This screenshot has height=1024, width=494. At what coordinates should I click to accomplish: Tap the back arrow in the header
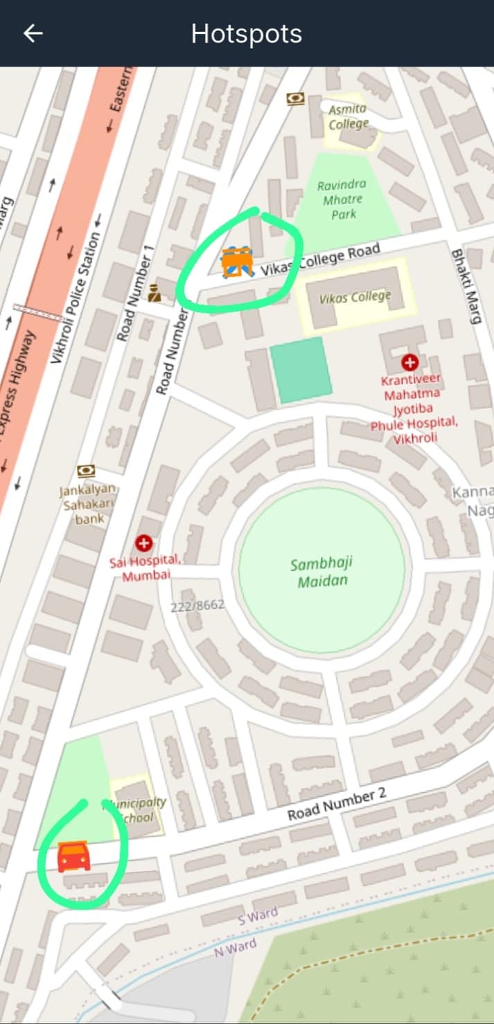coord(33,34)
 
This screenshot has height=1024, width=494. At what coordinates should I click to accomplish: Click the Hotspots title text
coord(247,34)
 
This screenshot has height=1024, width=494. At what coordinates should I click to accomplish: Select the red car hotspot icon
coord(73,856)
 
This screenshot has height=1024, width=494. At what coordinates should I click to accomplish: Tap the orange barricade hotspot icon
coord(237,262)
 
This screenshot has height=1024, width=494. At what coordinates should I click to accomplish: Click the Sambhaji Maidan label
coord(321,572)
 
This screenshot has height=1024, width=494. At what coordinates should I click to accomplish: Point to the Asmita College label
coord(349,118)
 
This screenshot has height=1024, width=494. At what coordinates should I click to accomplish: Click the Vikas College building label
coord(355,298)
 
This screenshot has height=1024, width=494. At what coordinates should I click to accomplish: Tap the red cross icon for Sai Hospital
coord(144,543)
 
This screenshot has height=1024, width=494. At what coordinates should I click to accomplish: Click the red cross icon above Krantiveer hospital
coord(410,362)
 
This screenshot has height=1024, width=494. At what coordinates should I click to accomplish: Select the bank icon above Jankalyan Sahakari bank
coord(87,471)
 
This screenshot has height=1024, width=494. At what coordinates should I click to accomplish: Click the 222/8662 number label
coord(197,605)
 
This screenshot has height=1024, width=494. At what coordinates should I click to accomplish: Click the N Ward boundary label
coord(234,946)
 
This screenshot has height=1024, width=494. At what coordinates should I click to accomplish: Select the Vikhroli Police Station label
coord(76,298)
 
